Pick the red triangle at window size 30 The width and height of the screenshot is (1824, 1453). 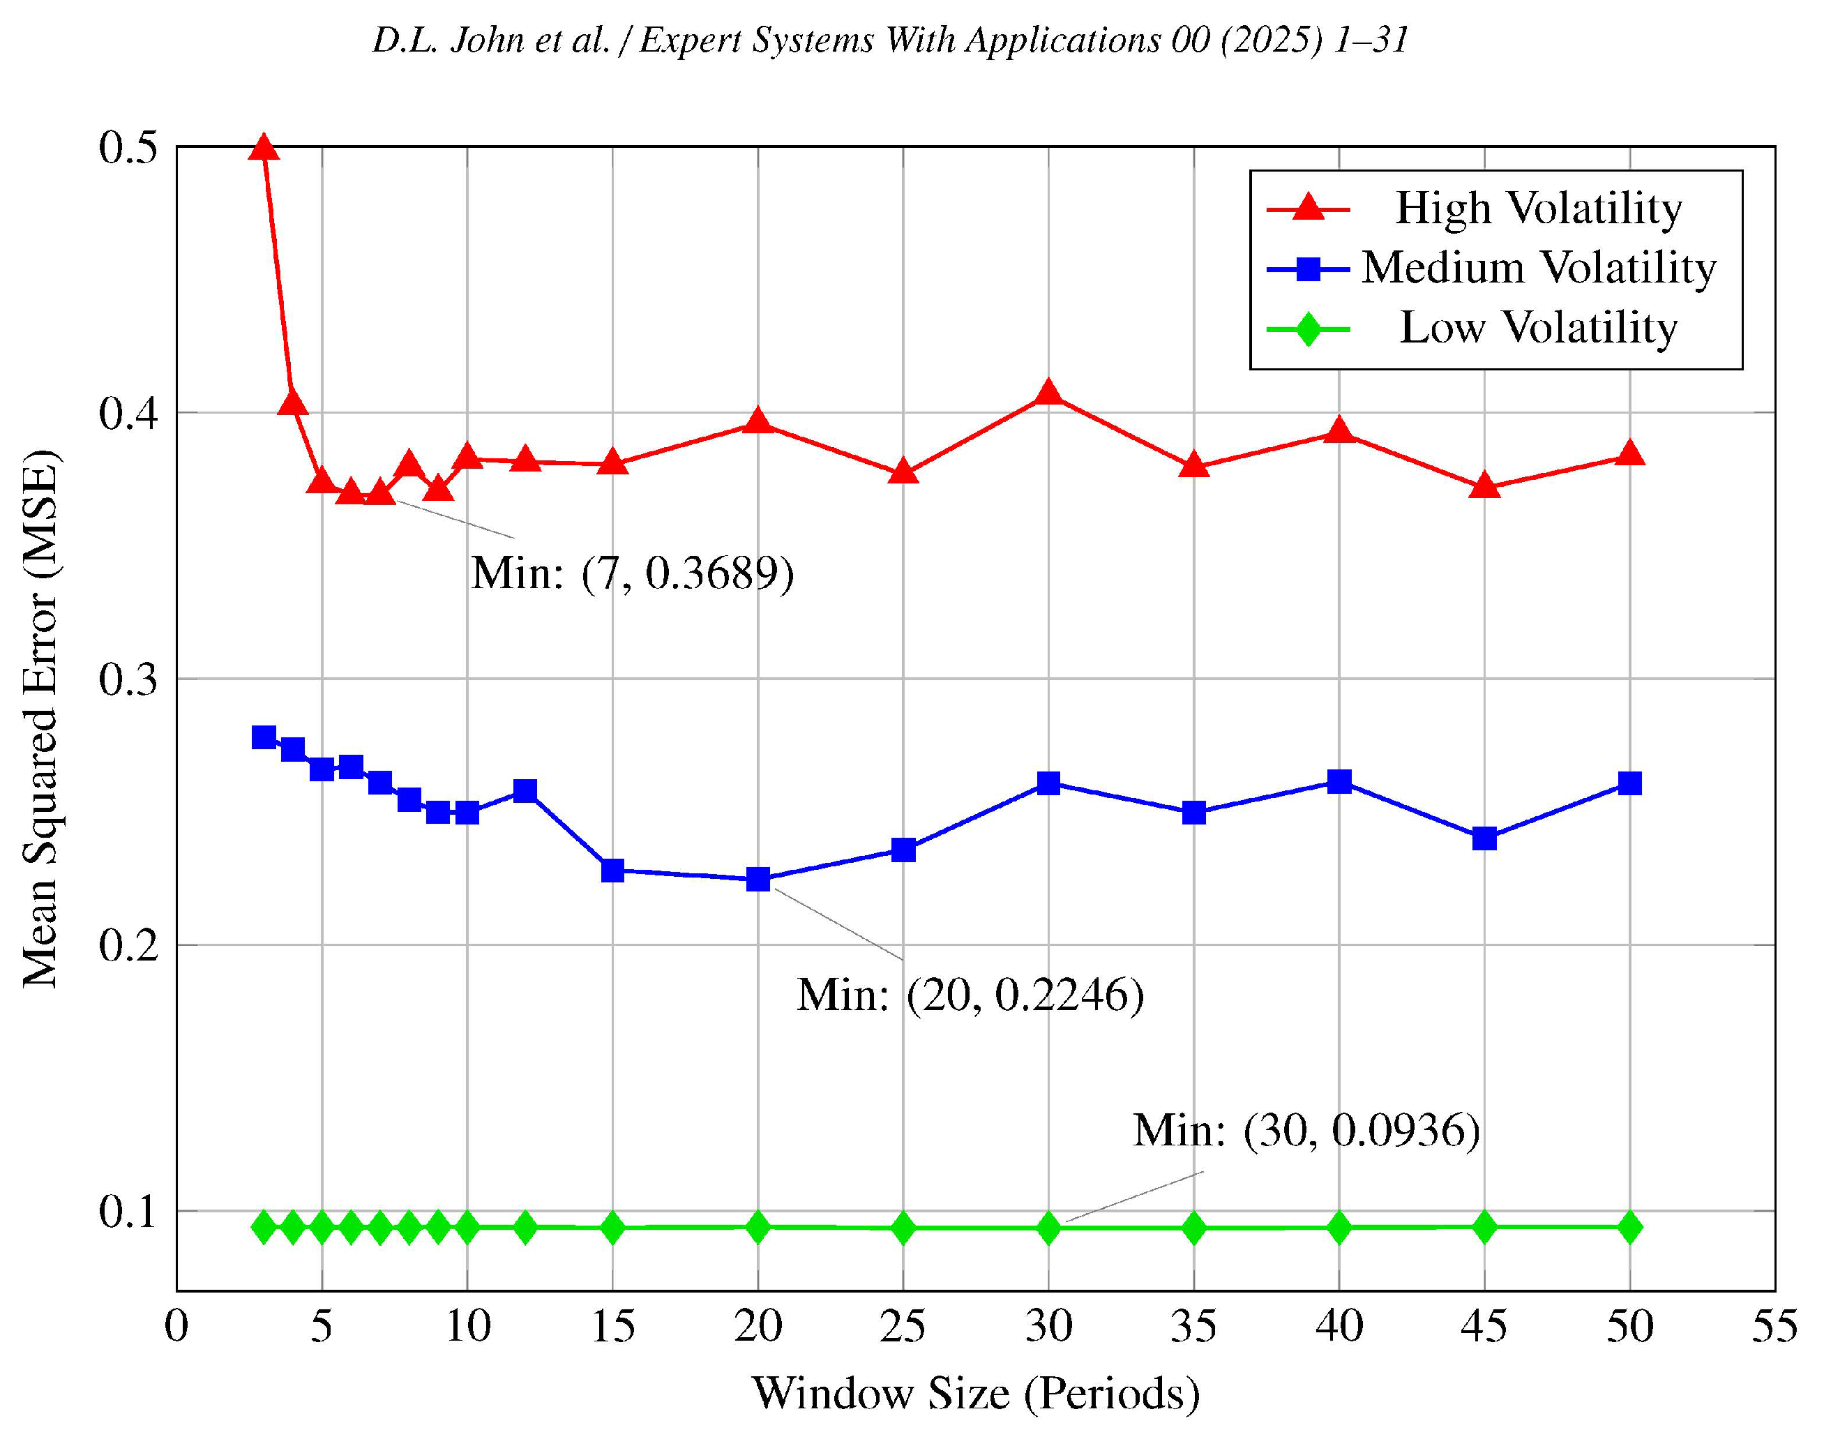click(1048, 393)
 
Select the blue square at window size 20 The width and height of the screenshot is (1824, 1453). click(758, 879)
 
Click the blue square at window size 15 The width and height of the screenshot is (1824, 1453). click(612, 870)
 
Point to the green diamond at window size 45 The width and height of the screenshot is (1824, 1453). click(1484, 1226)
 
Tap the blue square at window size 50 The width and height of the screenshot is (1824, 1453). click(1629, 783)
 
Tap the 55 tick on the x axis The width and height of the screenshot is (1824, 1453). click(1774, 1325)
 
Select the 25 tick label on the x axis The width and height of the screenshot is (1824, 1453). click(903, 1325)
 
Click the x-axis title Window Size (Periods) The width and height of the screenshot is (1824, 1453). click(975, 1393)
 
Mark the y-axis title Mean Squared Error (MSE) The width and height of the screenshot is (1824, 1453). click(40, 719)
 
